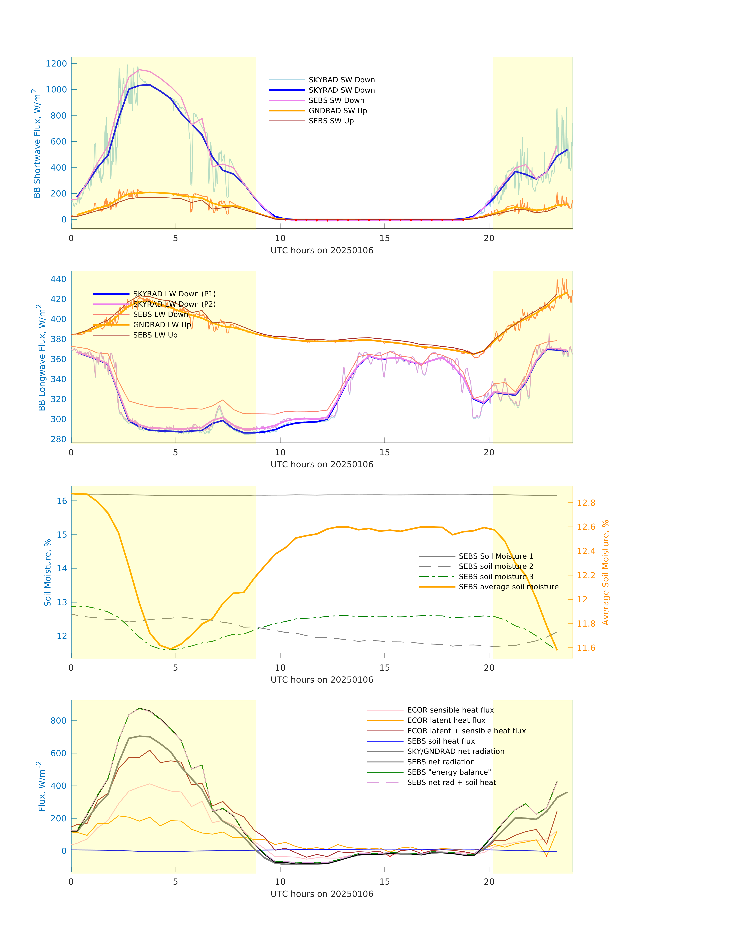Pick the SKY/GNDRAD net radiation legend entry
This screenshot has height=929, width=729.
(456, 751)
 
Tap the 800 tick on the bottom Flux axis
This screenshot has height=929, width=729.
(59, 721)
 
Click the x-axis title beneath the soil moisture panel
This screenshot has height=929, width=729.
(322, 680)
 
